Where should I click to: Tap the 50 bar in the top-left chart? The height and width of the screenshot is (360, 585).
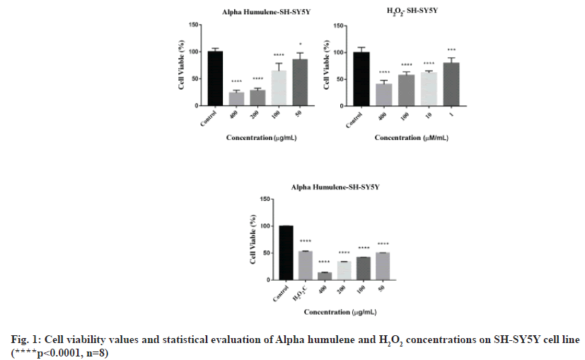(x=300, y=83)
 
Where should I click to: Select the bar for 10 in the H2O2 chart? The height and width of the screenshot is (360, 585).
(x=429, y=89)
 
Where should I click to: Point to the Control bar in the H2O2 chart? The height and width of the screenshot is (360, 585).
(x=361, y=79)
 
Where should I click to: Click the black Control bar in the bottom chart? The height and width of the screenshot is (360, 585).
(x=286, y=252)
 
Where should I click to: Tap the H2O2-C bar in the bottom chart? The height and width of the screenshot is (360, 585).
(x=306, y=265)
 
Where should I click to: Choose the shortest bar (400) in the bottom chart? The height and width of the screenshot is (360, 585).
(x=325, y=276)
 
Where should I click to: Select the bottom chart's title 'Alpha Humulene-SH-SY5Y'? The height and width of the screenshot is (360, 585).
(x=331, y=187)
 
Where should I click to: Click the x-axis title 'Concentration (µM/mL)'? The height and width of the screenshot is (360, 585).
(x=413, y=138)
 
